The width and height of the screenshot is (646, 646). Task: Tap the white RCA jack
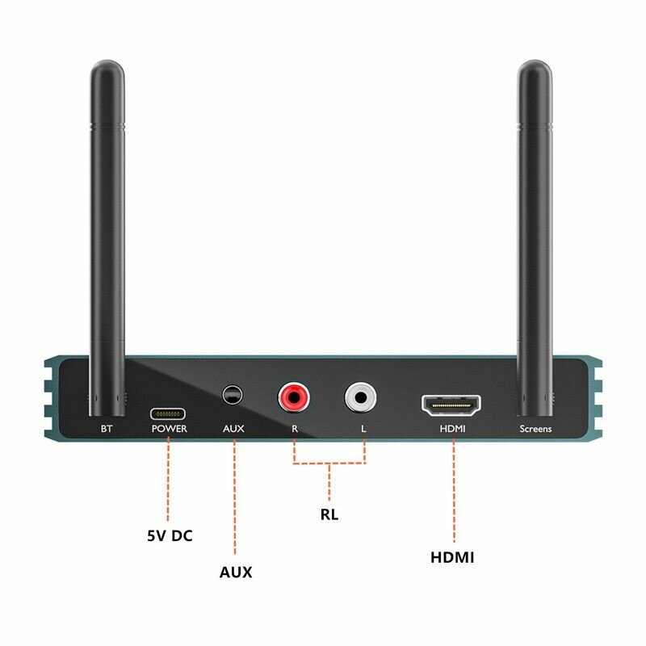(x=360, y=396)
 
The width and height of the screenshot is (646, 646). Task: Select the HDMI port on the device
(x=451, y=402)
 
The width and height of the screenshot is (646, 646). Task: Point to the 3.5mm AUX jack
(x=233, y=395)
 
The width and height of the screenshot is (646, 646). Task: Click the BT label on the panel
(x=106, y=429)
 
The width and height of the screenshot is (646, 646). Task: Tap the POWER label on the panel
(x=169, y=429)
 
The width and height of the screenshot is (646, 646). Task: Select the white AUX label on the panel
(x=233, y=429)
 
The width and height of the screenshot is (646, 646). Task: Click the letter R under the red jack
(x=295, y=429)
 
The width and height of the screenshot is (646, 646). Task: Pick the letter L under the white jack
(x=363, y=429)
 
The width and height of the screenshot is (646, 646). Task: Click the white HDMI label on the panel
(x=452, y=429)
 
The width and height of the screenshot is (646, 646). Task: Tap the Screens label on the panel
(x=535, y=429)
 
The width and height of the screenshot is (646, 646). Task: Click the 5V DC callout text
(x=170, y=535)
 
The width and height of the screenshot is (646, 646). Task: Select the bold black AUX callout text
(x=236, y=572)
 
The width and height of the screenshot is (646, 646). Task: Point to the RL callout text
(x=329, y=514)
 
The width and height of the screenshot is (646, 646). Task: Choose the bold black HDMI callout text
(x=452, y=557)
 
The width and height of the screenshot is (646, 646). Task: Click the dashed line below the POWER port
(x=168, y=476)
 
